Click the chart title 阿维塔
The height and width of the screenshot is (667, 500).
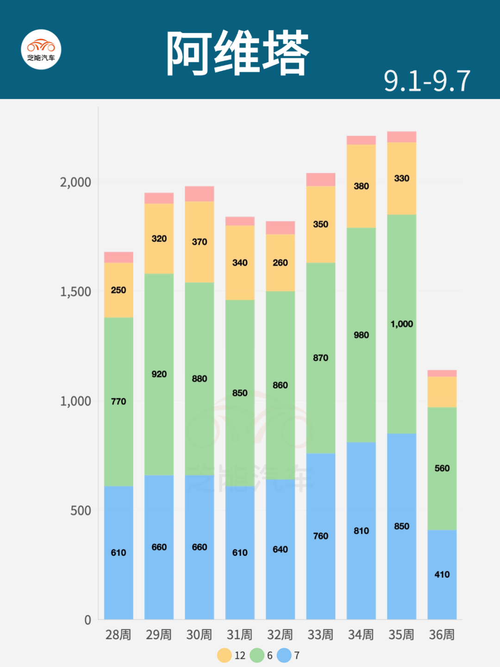pyautogui.click(x=237, y=53)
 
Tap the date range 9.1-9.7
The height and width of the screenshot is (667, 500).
pyautogui.click(x=427, y=81)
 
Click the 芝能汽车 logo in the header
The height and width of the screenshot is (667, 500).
pyautogui.click(x=41, y=50)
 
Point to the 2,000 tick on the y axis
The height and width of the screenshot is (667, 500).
pyautogui.click(x=75, y=182)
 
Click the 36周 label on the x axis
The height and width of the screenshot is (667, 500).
pyautogui.click(x=442, y=635)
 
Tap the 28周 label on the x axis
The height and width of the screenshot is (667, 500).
pyautogui.click(x=118, y=635)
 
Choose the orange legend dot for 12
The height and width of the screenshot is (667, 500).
pyautogui.click(x=225, y=655)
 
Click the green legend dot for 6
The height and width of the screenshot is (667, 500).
pyautogui.click(x=257, y=655)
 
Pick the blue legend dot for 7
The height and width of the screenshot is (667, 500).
pyautogui.click(x=284, y=655)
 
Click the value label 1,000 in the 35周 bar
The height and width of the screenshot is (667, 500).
pyautogui.click(x=401, y=324)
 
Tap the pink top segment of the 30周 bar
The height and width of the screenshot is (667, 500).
pyautogui.click(x=199, y=194)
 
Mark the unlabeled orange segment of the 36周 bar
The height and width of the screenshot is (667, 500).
pyautogui.click(x=442, y=392)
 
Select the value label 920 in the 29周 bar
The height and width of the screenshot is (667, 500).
pyautogui.click(x=159, y=374)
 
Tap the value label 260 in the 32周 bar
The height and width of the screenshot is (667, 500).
pyautogui.click(x=280, y=263)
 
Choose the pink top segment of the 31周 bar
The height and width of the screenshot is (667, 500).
pyautogui.click(x=240, y=221)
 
